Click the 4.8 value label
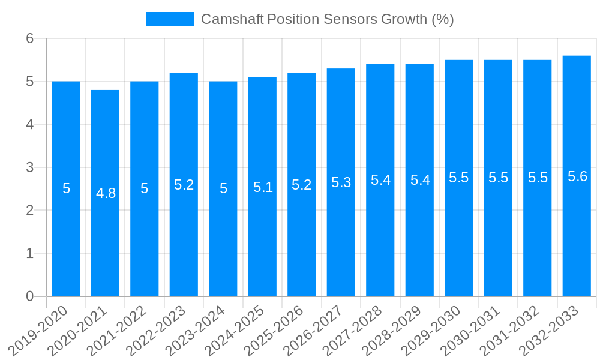pyautogui.click(x=106, y=193)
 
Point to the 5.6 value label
pyautogui.click(x=577, y=176)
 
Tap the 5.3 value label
pyautogui.click(x=341, y=182)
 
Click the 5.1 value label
pyautogui.click(x=263, y=187)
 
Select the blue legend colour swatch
pyautogui.click(x=169, y=19)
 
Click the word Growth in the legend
pyautogui.click(x=405, y=19)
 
